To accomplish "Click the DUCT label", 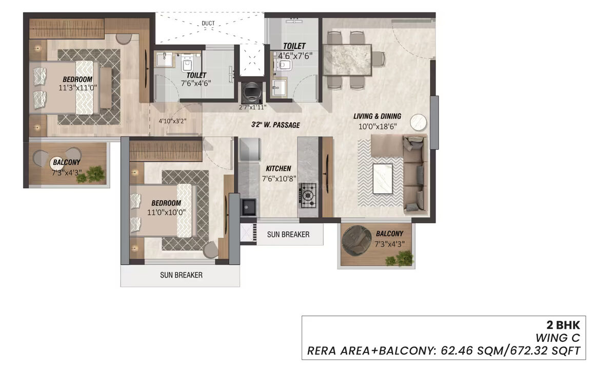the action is [x=208, y=23].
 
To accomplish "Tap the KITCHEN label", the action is [x=279, y=169].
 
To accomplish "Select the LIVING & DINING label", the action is [x=377, y=116].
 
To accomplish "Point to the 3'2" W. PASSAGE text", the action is [x=275, y=125].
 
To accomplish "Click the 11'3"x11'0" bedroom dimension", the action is [x=78, y=88].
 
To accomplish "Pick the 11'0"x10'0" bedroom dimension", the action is [x=167, y=212].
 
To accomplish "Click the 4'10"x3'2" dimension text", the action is [x=172, y=121].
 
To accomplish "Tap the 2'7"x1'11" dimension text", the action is [x=253, y=107].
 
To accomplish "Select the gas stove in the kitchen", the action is [x=308, y=195].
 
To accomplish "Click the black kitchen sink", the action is [x=249, y=207].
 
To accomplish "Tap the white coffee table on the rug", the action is [x=383, y=178].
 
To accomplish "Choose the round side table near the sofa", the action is [x=418, y=122].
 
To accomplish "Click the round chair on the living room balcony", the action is [x=356, y=240].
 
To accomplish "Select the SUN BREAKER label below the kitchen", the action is [x=288, y=235].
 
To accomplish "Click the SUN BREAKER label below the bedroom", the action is [x=181, y=275].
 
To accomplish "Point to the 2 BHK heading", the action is [x=563, y=325].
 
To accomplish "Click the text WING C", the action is [x=558, y=338].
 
